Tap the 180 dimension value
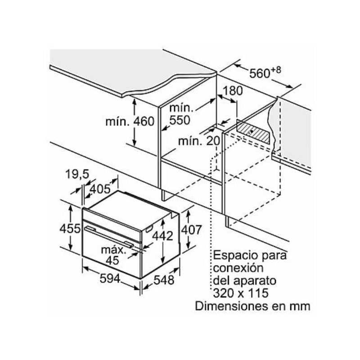coord(233,91)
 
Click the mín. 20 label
coord(198,141)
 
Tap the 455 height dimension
coord(70,228)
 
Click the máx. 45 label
coord(112,254)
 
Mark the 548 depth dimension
coord(163,280)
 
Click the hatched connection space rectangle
coord(254,132)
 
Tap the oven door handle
coord(108,237)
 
